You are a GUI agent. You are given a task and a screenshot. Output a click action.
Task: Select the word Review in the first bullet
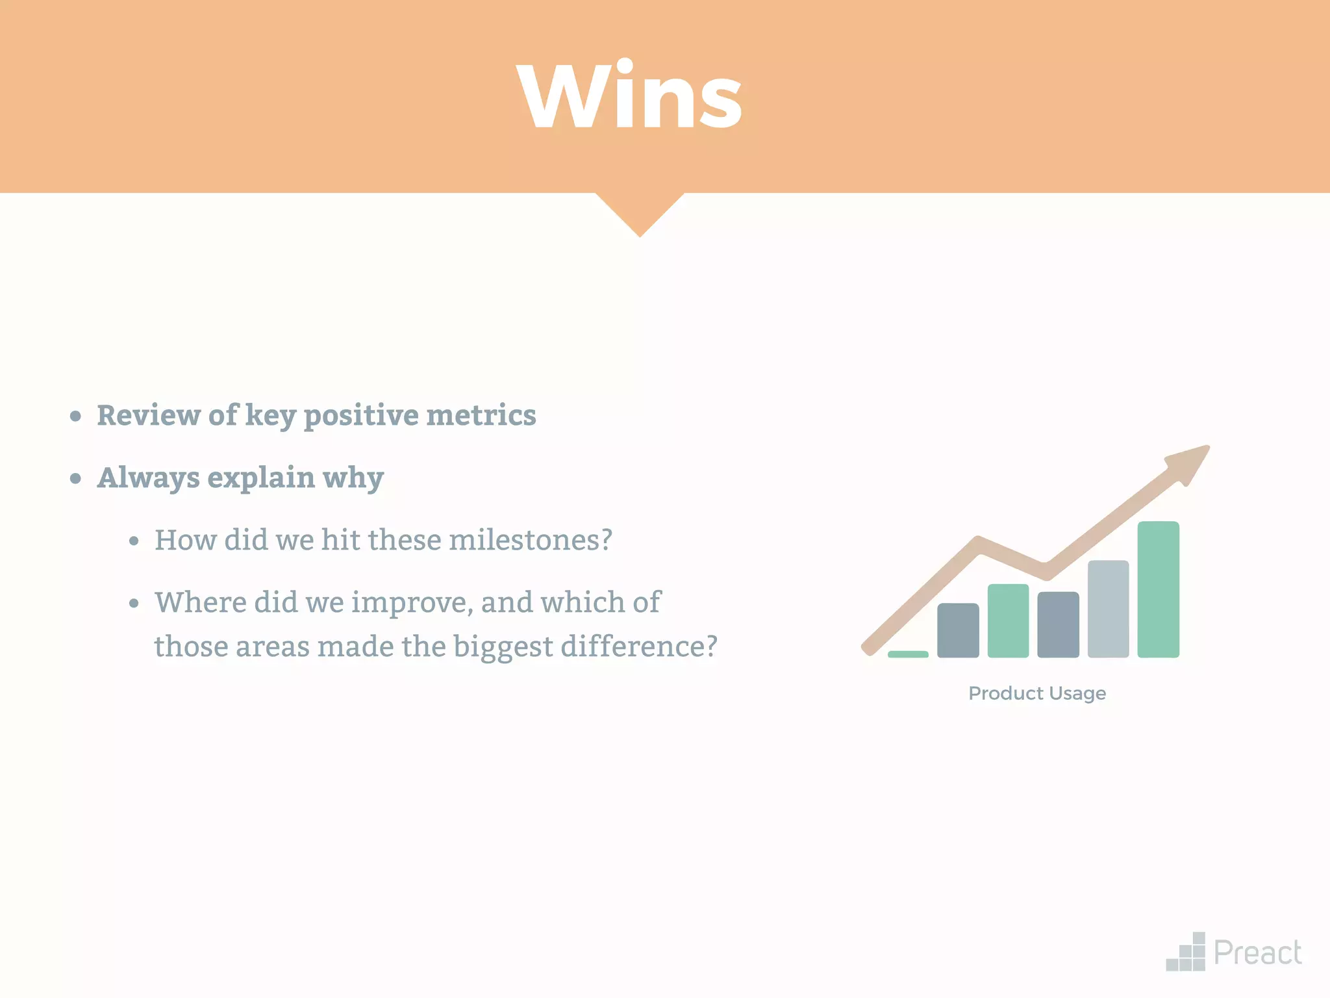pyautogui.click(x=149, y=415)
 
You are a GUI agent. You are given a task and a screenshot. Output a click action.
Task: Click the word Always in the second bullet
pyautogui.click(x=149, y=478)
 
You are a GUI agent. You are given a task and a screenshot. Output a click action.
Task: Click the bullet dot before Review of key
pyautogui.click(x=76, y=416)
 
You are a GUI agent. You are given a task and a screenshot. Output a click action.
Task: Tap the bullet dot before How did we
pyautogui.click(x=134, y=541)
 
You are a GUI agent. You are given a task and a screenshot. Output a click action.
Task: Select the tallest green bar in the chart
pyautogui.click(x=1158, y=589)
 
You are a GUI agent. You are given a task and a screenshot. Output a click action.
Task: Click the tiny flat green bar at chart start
pyautogui.click(x=908, y=654)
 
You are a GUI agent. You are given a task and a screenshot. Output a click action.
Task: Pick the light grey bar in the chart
pyautogui.click(x=1108, y=609)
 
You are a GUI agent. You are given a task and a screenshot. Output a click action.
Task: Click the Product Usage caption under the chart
pyautogui.click(x=1037, y=693)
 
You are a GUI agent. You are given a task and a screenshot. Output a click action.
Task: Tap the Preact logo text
pyautogui.click(x=1257, y=953)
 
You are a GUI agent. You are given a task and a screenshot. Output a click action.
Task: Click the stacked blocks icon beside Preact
pyautogui.click(x=1186, y=953)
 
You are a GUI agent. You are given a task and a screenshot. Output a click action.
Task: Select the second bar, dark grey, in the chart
pyautogui.click(x=958, y=630)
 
